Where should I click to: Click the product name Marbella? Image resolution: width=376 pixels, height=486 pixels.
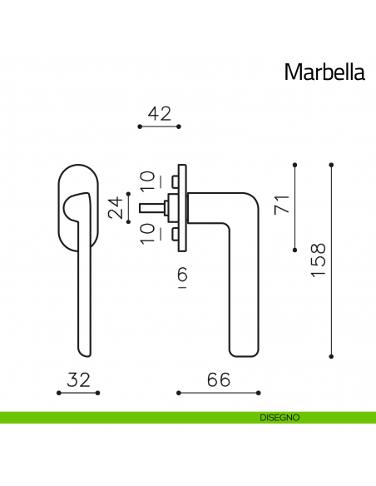coord(324,72)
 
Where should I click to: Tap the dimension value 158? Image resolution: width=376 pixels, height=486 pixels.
coord(319,260)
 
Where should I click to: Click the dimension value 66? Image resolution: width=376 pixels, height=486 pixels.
coord(218,379)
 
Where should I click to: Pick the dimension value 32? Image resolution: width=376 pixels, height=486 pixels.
coord(78,379)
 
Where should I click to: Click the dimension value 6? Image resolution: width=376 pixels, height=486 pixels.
coord(182,274)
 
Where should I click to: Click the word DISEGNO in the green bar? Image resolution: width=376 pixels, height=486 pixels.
coord(273,417)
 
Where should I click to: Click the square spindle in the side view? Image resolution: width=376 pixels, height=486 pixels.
coord(154,205)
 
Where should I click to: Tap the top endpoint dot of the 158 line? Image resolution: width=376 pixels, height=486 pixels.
coord(331,164)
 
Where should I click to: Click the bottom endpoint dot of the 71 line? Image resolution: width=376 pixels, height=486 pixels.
coord(295,249)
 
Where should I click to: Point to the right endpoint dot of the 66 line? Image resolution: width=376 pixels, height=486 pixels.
coord(259,392)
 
